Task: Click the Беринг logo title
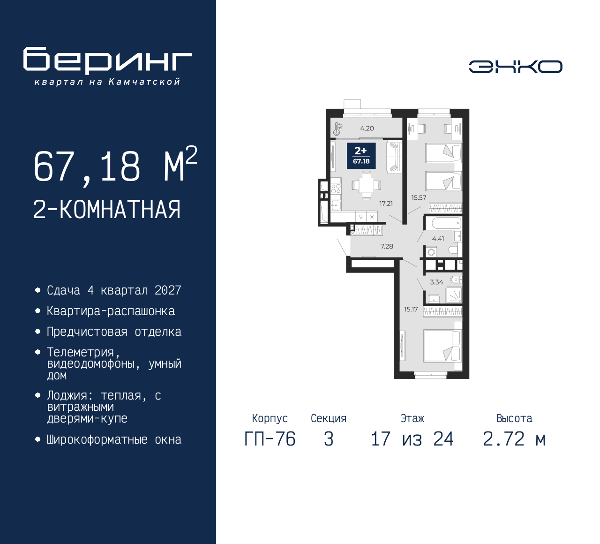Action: [107, 60]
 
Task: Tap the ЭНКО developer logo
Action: [515, 67]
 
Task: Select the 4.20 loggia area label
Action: [367, 128]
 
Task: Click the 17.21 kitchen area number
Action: [386, 204]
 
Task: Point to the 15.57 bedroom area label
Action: [419, 197]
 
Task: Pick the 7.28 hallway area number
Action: [386, 246]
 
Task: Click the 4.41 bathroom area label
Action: [438, 239]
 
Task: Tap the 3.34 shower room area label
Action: [436, 282]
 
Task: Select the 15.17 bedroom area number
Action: [411, 309]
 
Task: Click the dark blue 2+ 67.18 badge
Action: [361, 156]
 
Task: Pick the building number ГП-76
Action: [270, 439]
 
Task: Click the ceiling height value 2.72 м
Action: [514, 439]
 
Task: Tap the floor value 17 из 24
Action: [412, 439]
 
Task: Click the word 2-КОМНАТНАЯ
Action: [107, 210]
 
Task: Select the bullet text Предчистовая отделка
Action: [114, 332]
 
